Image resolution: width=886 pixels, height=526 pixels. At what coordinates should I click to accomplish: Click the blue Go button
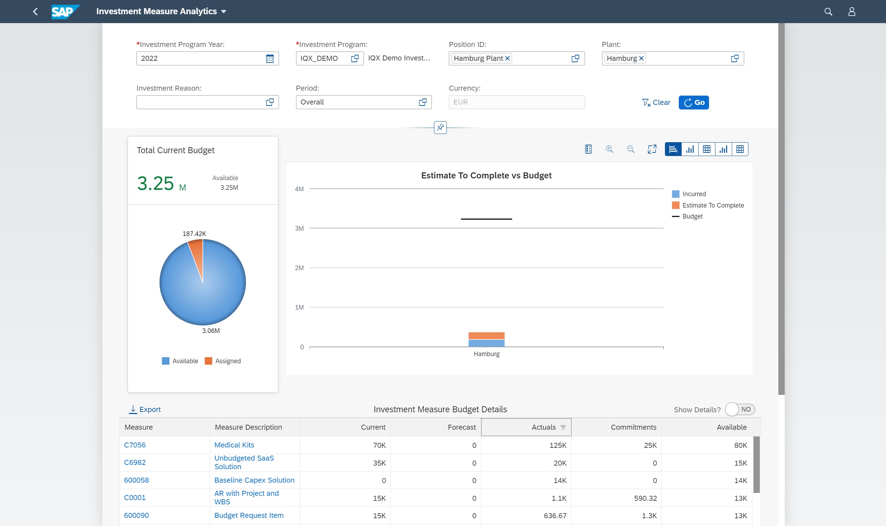click(x=693, y=102)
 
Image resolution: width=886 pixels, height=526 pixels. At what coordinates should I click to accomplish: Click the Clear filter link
click(x=656, y=102)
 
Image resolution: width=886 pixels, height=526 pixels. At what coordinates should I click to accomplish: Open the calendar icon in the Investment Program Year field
click(x=270, y=59)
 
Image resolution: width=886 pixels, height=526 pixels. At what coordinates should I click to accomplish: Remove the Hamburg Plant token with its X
click(x=508, y=58)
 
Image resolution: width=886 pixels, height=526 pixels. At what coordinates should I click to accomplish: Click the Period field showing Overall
click(x=357, y=102)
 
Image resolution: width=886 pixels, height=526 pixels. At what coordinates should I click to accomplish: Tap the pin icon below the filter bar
click(x=440, y=127)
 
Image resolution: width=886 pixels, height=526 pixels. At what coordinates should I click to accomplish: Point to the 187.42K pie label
click(x=194, y=234)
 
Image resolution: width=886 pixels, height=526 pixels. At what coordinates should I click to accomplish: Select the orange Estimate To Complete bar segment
click(x=486, y=336)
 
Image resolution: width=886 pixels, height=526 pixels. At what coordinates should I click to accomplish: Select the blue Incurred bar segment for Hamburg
click(x=486, y=343)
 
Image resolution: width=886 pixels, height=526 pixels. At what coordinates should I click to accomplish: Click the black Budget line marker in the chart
click(x=486, y=219)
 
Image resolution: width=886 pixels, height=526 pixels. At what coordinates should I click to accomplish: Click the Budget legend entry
click(x=692, y=216)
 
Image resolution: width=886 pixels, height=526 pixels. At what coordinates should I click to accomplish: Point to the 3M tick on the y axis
click(x=299, y=229)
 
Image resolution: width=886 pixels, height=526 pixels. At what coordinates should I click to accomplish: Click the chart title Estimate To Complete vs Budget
click(x=486, y=176)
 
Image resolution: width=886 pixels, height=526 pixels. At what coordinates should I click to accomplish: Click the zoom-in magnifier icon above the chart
click(x=609, y=149)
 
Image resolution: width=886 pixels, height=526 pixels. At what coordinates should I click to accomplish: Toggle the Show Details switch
click(x=740, y=409)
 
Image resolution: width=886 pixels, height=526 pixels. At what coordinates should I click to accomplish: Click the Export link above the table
click(x=145, y=409)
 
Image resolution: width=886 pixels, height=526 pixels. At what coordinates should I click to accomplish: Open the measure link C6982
click(x=135, y=462)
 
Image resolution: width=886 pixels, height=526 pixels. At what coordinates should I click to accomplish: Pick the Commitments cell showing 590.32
click(x=645, y=498)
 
